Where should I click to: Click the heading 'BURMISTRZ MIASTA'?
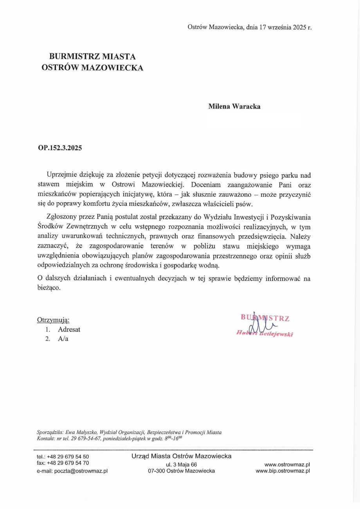point(92,56)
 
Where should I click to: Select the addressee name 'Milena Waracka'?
point(234,106)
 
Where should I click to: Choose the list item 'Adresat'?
point(69,329)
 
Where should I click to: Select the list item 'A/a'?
point(63,339)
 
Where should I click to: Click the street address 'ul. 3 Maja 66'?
point(181,464)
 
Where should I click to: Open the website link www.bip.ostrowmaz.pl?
point(283,471)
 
